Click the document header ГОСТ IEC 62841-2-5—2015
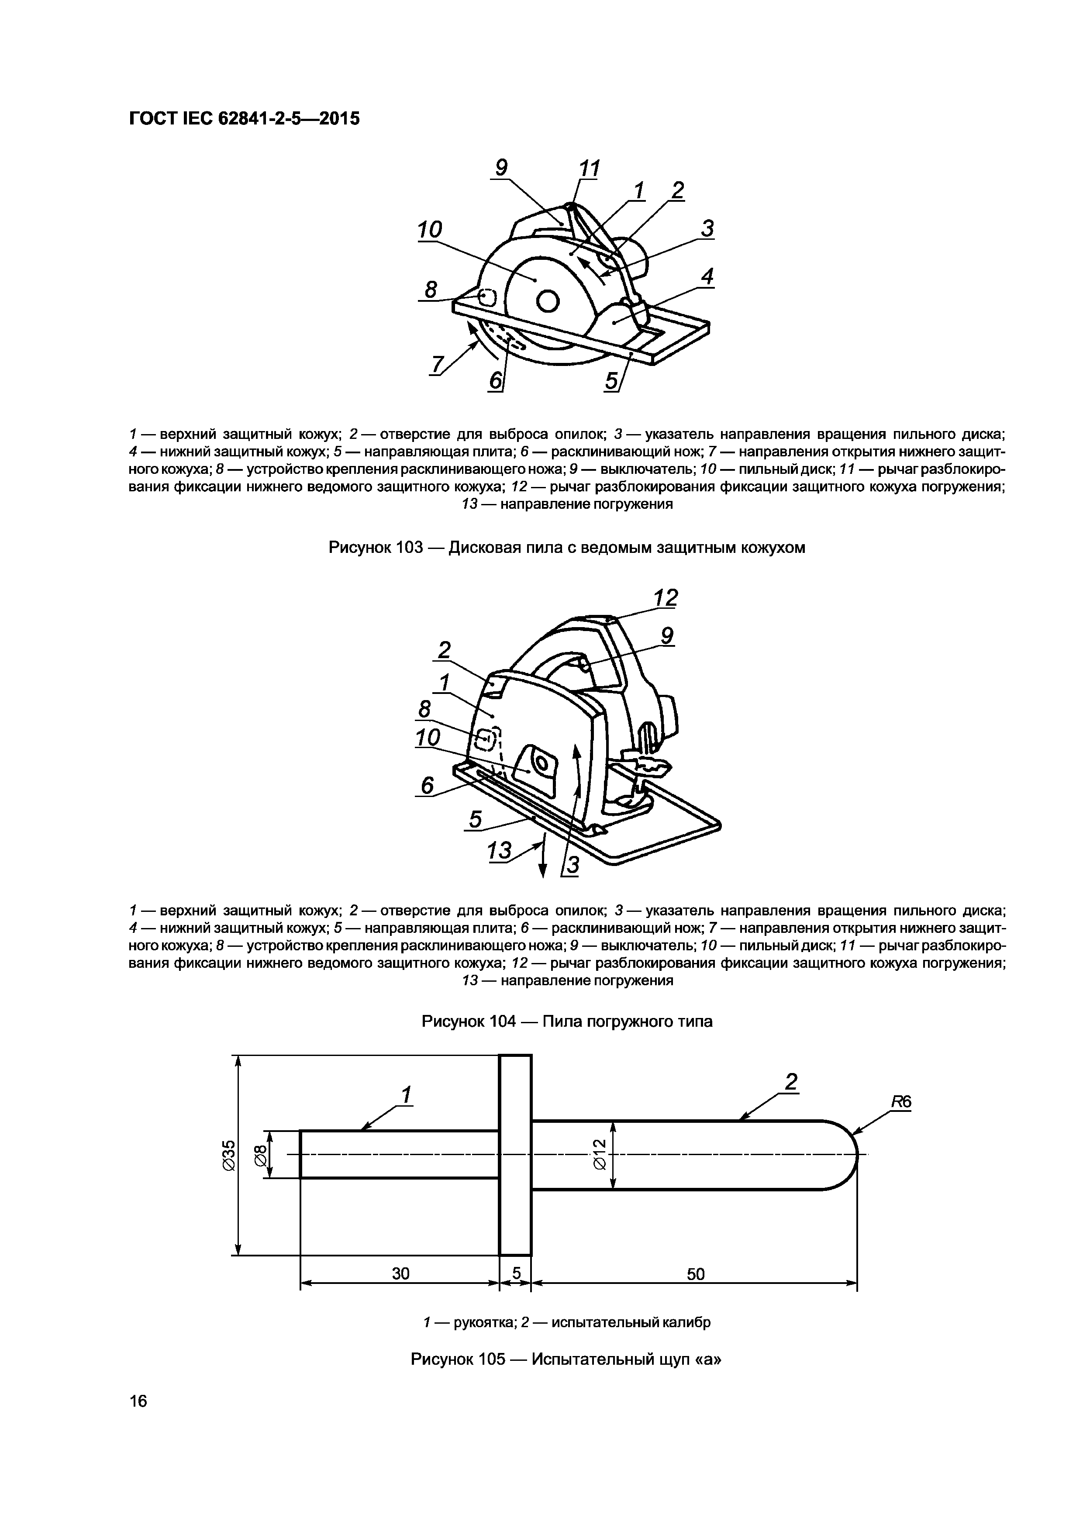(x=244, y=119)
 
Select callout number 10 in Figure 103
(x=430, y=230)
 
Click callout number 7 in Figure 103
(x=438, y=365)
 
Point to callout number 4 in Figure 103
(x=707, y=276)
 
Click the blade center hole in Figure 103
(x=547, y=302)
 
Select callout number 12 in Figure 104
(x=665, y=597)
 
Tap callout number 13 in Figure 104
(x=499, y=851)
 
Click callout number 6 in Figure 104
(x=427, y=785)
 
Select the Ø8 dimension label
(x=260, y=1154)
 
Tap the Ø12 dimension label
(x=599, y=1154)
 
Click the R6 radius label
(x=901, y=1102)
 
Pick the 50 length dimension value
(x=695, y=1274)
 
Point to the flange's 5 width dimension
(x=516, y=1274)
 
